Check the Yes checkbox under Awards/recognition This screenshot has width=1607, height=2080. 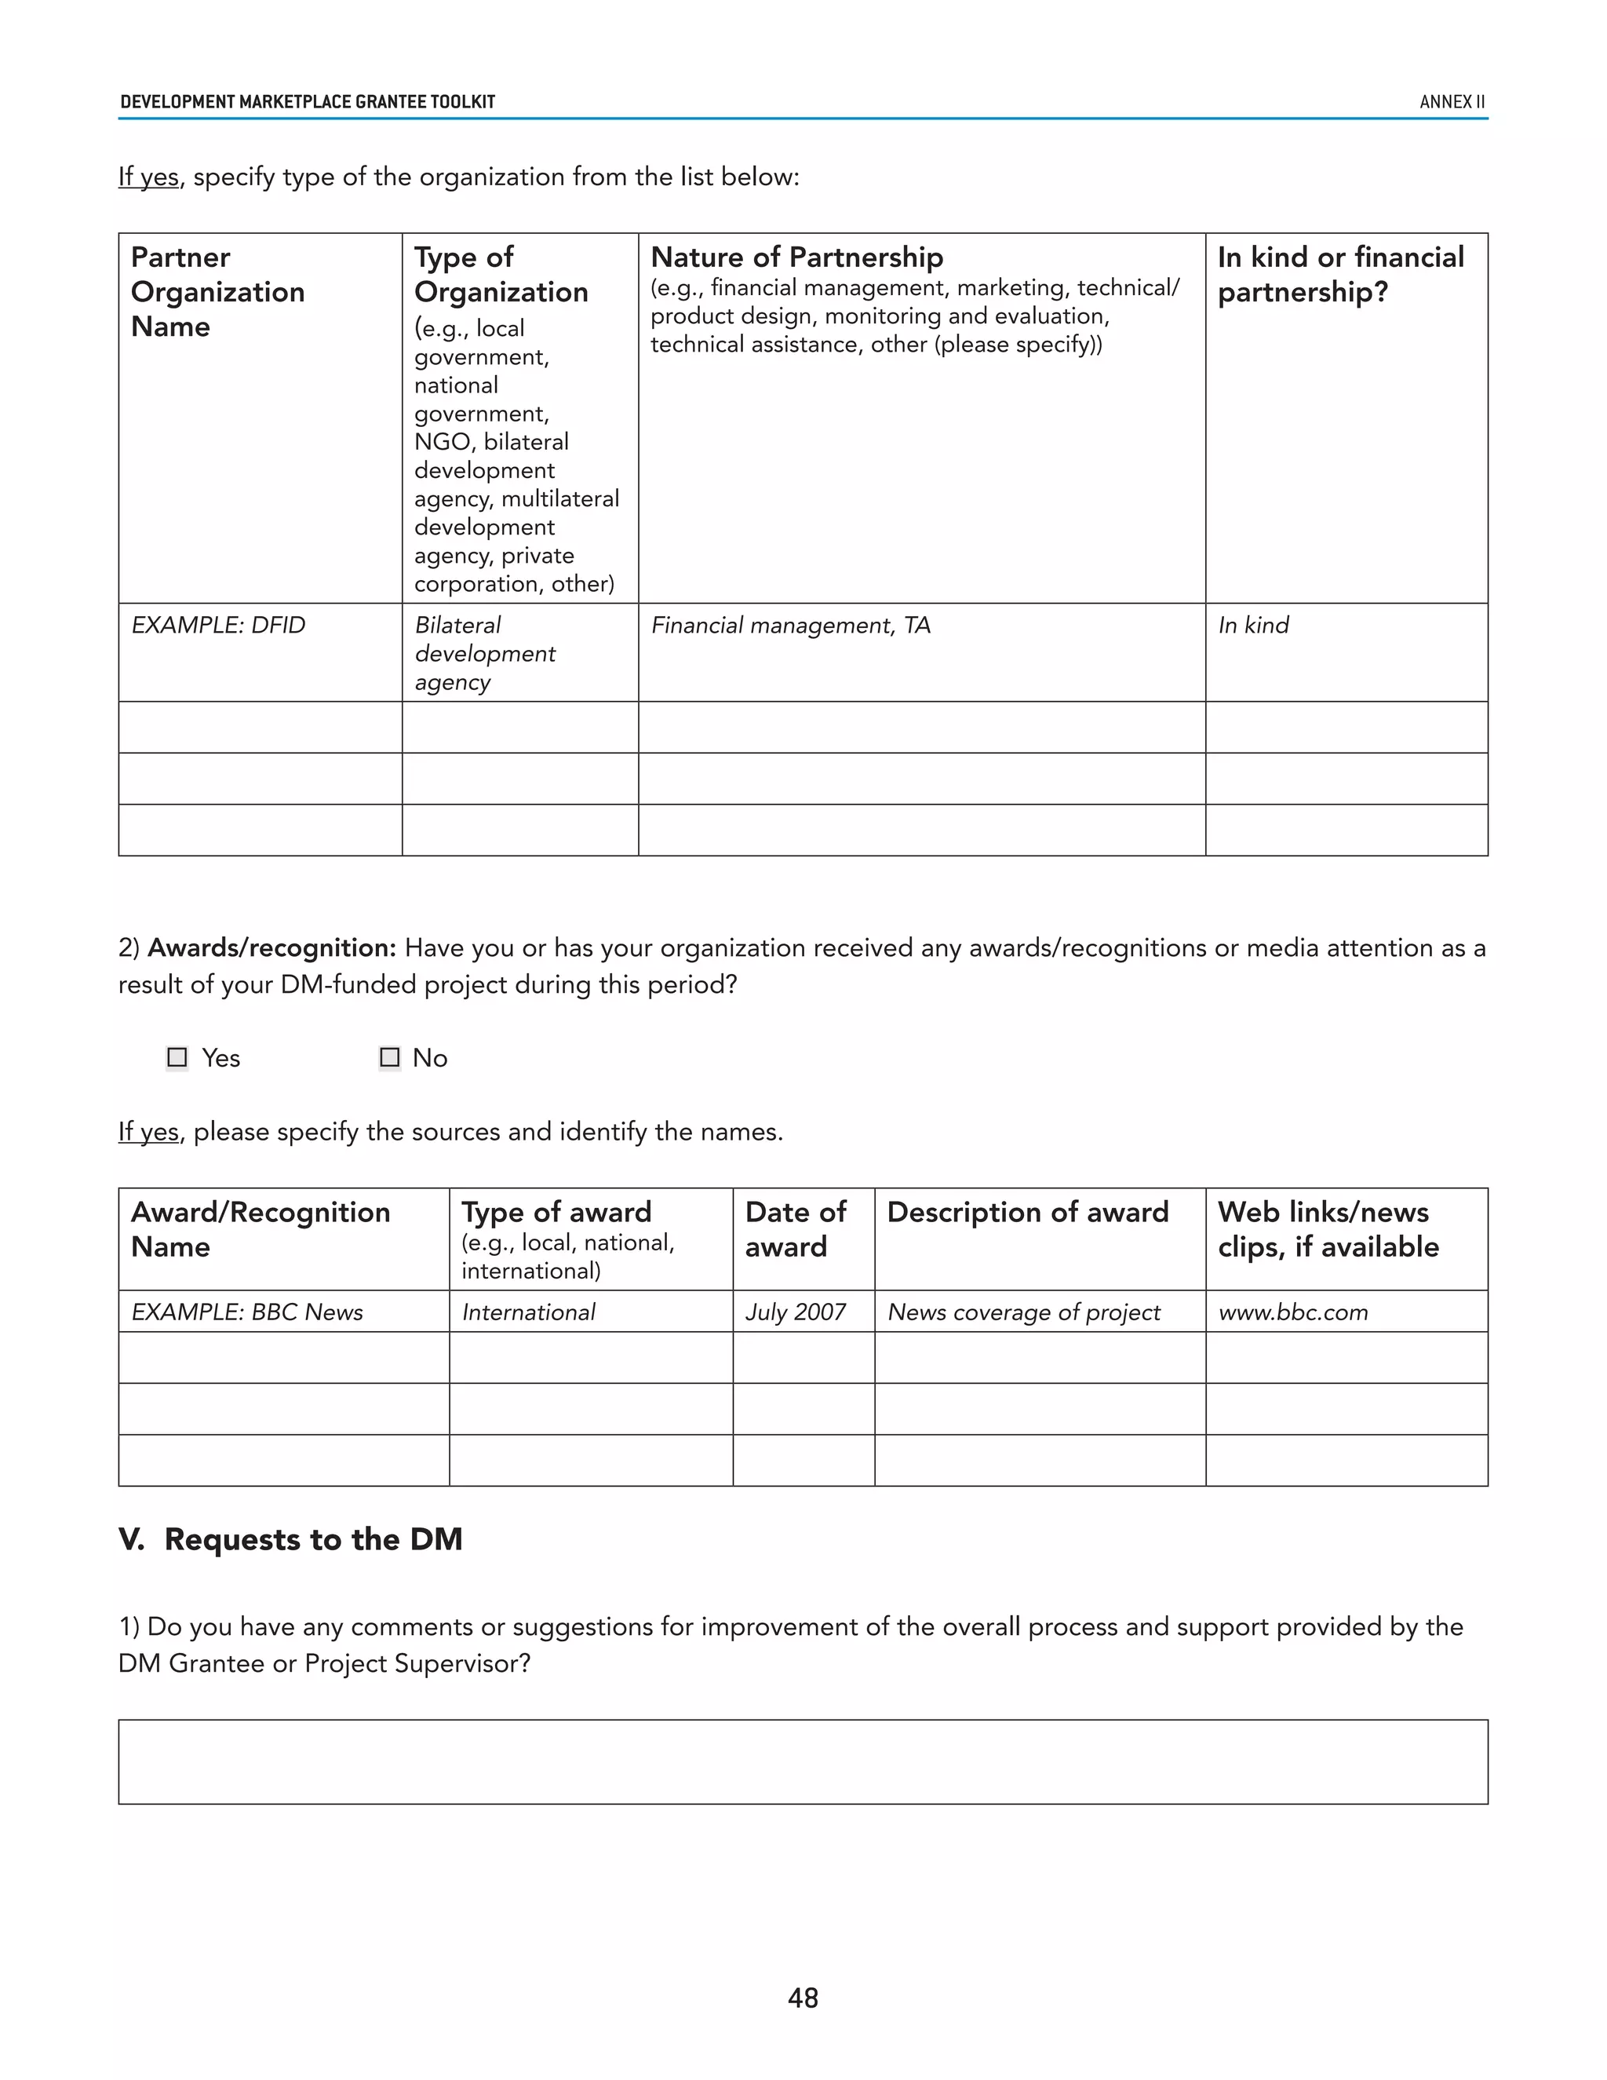coord(177,1057)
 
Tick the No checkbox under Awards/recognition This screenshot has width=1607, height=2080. coord(389,1057)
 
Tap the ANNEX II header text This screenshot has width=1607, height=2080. coord(1452,102)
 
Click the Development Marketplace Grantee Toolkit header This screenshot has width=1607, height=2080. coord(308,102)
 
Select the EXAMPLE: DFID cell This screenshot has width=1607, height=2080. coord(219,626)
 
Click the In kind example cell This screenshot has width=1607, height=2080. coord(1253,626)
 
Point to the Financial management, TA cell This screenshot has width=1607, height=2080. coord(790,626)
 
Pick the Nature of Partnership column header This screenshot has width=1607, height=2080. coord(797,257)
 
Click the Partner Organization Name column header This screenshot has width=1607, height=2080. coord(217,291)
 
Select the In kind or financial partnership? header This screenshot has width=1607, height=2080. coord(1340,274)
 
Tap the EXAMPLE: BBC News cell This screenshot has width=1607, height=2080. coord(247,1312)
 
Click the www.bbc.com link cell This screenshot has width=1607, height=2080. coord(1293,1312)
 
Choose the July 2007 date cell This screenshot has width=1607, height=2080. coord(796,1312)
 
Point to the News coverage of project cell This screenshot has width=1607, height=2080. coord(1023,1312)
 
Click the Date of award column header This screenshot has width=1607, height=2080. coord(796,1229)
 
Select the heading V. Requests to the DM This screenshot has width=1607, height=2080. coord(290,1540)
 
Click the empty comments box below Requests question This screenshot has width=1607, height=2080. coord(803,1762)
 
